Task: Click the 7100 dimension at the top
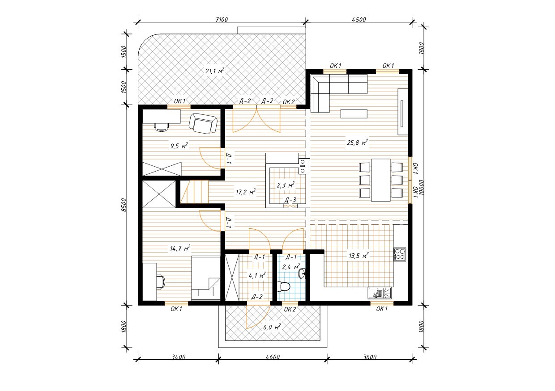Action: point(222,20)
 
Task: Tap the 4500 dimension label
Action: point(359,20)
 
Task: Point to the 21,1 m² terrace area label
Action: point(214,71)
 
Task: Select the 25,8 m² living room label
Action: point(357,143)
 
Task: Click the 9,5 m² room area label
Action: point(179,146)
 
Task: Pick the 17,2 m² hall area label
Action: point(245,192)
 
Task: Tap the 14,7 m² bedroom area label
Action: point(180,248)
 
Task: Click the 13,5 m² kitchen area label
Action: point(359,256)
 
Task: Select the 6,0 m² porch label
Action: point(272,327)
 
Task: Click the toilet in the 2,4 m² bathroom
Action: point(284,286)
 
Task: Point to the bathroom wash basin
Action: point(302,273)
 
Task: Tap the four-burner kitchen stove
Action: point(400,254)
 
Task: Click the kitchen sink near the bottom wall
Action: point(380,293)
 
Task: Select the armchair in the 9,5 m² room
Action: point(203,123)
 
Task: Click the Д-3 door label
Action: point(290,200)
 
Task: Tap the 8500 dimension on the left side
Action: point(124,205)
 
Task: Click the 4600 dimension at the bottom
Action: point(273,357)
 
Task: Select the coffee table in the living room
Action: point(354,114)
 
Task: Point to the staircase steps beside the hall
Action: point(195,192)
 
